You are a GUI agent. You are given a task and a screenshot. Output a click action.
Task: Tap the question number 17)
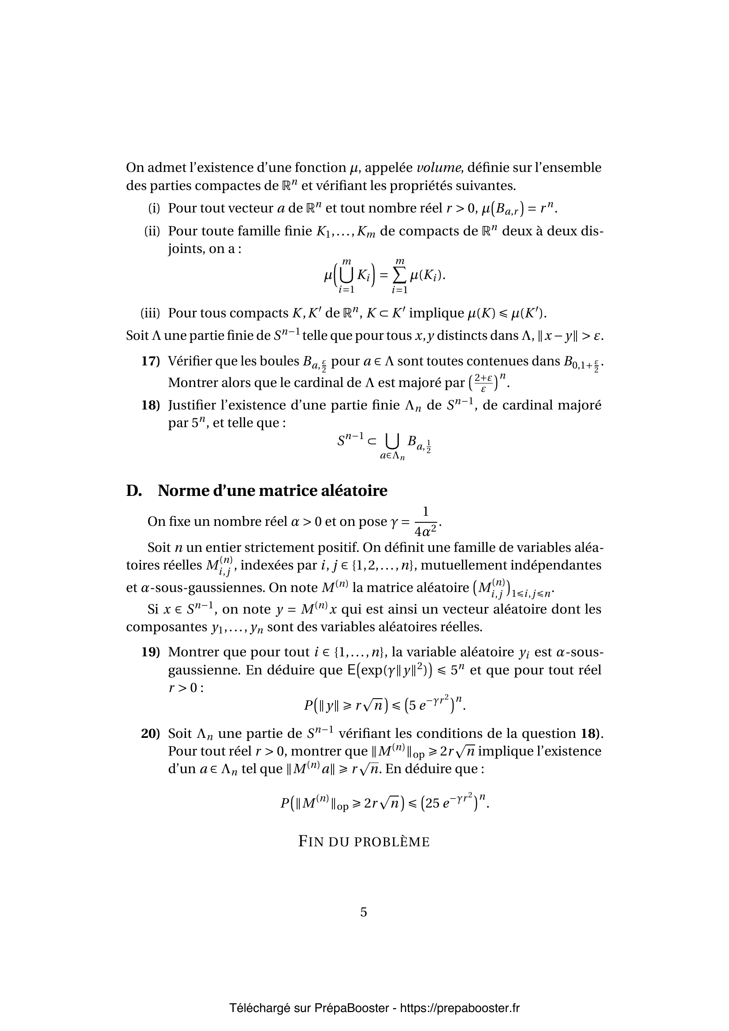click(151, 361)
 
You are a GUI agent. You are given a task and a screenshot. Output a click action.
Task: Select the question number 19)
click(151, 652)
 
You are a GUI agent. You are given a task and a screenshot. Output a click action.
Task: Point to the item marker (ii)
click(152, 231)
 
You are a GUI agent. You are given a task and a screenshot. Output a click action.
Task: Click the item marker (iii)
click(150, 313)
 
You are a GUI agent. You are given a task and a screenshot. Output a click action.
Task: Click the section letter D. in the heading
click(134, 491)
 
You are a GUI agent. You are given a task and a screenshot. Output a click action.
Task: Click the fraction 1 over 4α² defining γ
click(426, 521)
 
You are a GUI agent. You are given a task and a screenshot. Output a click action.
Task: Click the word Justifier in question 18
click(195, 405)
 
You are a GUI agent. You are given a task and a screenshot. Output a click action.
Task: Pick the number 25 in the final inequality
click(432, 804)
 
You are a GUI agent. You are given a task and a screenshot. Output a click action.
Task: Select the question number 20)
click(151, 734)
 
